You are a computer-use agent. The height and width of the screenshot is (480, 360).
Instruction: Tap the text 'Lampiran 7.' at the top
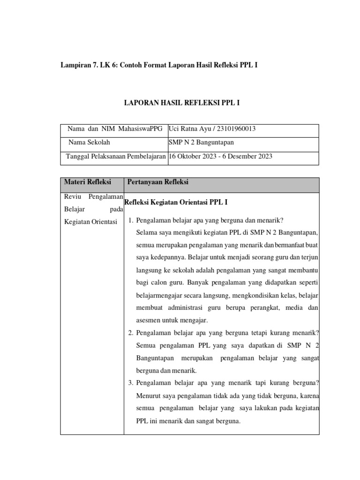77,65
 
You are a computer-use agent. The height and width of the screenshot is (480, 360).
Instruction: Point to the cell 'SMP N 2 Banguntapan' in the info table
201,142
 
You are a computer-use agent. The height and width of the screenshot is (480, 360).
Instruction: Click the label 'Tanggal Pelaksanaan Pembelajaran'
115,157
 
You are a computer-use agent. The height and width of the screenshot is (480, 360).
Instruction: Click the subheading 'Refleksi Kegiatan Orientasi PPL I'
176,202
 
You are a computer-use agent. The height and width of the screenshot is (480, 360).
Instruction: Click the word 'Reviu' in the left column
72,196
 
